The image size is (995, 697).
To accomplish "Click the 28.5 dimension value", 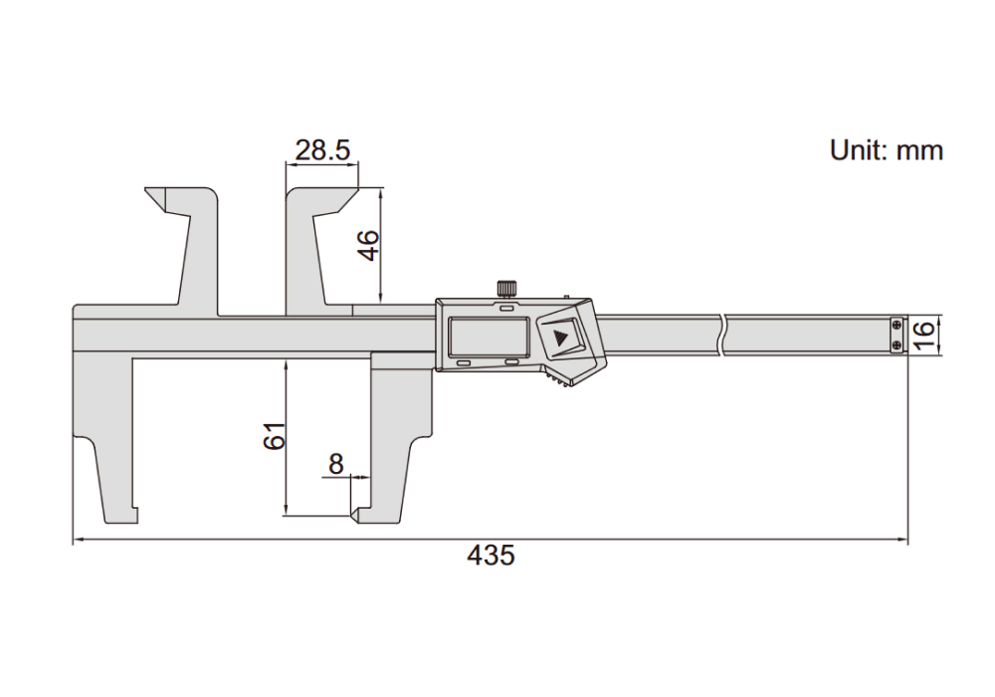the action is tap(322, 150).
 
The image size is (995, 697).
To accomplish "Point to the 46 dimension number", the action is tap(369, 246).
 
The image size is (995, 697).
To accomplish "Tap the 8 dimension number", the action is tap(335, 464).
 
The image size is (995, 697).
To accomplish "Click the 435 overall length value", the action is tap(491, 556).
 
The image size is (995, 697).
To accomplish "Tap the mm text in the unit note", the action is tap(919, 152).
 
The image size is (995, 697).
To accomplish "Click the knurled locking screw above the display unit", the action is tap(505, 288).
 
